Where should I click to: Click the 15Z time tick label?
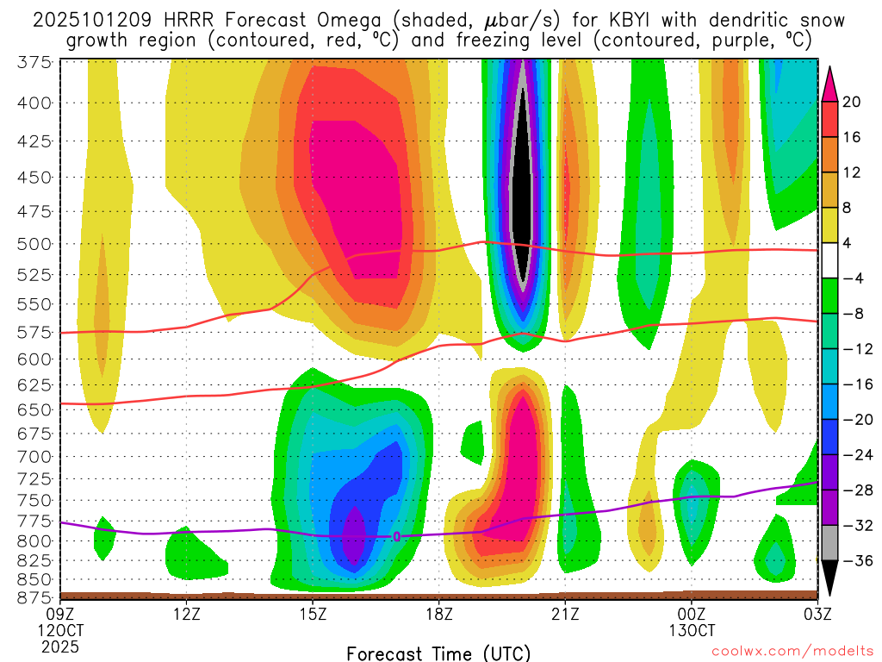pos(313,614)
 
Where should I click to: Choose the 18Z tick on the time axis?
pos(439,614)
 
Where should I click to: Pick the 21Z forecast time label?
pos(565,614)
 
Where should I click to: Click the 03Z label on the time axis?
pos(817,614)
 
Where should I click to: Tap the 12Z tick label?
pos(187,614)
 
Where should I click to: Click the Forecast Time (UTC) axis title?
pos(438,652)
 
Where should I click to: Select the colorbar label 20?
pos(852,103)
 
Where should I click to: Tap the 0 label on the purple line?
pos(396,536)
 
